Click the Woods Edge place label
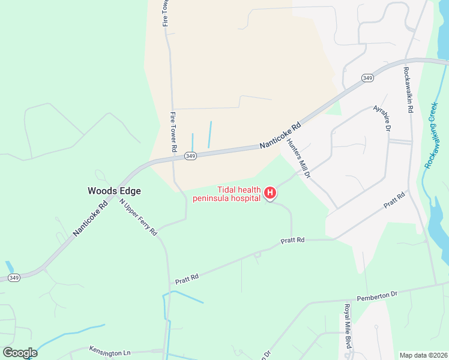click(x=114, y=191)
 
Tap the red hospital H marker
click(x=270, y=193)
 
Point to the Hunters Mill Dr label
click(x=298, y=158)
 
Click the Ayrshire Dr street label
click(x=382, y=119)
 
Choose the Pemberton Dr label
click(x=377, y=296)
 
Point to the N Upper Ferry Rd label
click(x=138, y=217)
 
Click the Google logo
click(x=20, y=353)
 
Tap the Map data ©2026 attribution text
click(x=423, y=355)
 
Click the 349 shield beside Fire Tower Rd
click(x=190, y=156)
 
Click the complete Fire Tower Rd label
click(x=174, y=131)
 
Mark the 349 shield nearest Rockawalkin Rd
click(x=367, y=78)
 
